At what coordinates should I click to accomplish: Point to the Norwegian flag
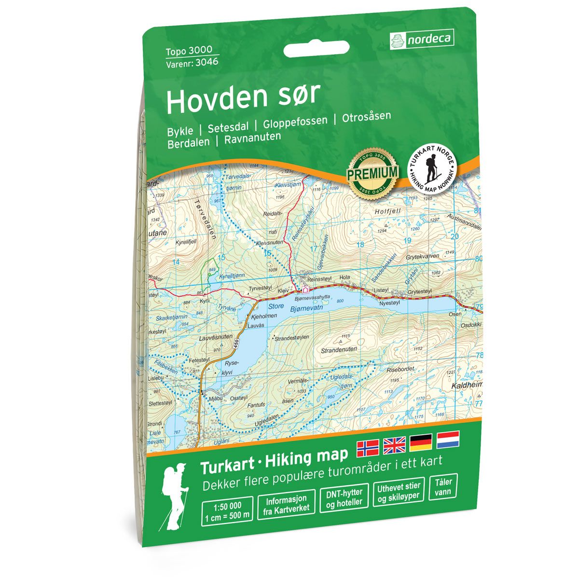pyautogui.click(x=368, y=449)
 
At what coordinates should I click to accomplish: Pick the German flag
pyautogui.click(x=421, y=443)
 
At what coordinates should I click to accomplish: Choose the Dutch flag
pyautogui.click(x=448, y=440)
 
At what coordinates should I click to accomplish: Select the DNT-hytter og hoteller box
pyautogui.click(x=344, y=500)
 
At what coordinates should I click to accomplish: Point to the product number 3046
pyautogui.click(x=207, y=62)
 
